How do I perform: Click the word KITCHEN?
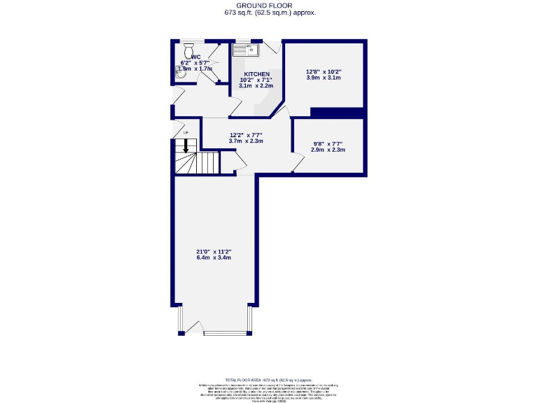coord(257,73)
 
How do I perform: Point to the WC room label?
coord(195,57)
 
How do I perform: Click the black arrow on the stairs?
coord(186,146)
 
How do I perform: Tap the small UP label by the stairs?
coord(186,133)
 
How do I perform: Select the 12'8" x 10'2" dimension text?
coord(324,71)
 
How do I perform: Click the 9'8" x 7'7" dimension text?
coord(328,144)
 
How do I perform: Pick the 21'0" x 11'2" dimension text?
coord(214,252)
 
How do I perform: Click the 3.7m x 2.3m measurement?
coord(246,141)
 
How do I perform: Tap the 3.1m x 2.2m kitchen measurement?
coord(256,85)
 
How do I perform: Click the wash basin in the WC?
coord(178,70)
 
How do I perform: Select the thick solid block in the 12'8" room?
coord(337,113)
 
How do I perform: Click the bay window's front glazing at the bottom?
coord(222,333)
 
